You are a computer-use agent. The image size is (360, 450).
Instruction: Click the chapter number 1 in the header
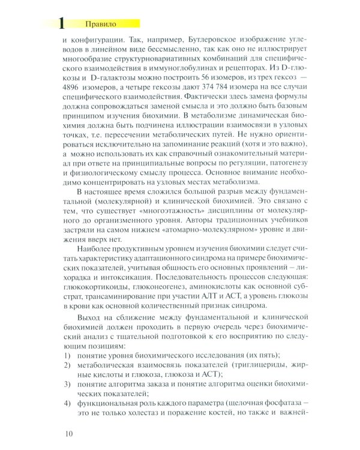pos(60,23)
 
